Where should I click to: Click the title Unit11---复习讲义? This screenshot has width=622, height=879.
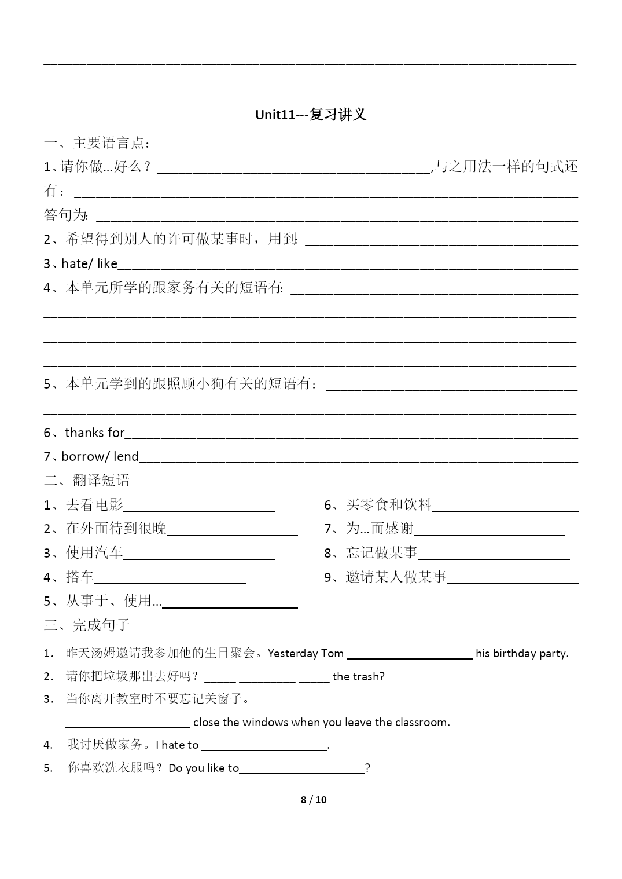point(311,115)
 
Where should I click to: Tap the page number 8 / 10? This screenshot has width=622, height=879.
point(314,800)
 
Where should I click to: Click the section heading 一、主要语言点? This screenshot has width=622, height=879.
point(97,142)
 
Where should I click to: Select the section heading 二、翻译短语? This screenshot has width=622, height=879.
point(87,480)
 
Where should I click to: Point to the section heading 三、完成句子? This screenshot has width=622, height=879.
point(87,625)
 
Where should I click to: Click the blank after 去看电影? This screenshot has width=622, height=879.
point(199,507)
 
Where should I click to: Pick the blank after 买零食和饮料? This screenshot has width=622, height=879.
point(505,507)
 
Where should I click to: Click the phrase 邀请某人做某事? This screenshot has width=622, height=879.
point(396,577)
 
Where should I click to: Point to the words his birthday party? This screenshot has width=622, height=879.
point(522,653)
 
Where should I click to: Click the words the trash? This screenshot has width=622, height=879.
point(359,676)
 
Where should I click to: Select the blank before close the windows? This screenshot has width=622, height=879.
point(128,723)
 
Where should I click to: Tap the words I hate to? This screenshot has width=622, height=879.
point(177,745)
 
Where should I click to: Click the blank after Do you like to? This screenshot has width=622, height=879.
point(301,769)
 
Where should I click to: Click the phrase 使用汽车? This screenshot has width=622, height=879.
point(94,553)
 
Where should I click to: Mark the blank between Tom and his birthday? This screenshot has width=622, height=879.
point(410,654)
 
